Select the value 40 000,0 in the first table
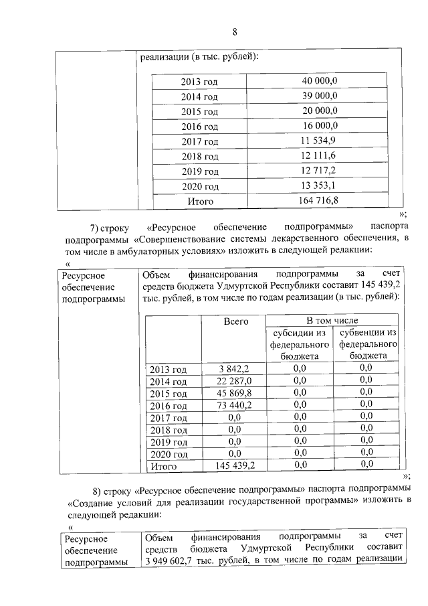[319, 80]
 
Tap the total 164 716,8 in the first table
[319, 200]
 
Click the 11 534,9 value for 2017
[319, 141]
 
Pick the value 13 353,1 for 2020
[319, 185]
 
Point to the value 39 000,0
[319, 96]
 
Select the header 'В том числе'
[332, 321]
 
